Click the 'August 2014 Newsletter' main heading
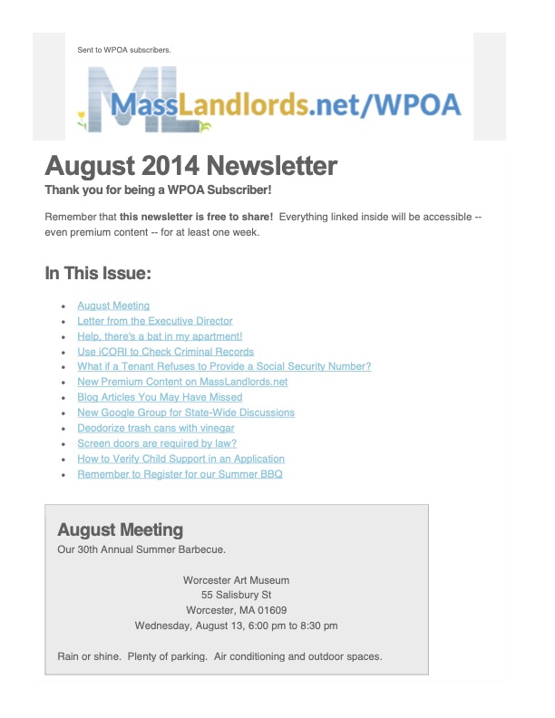coord(190,166)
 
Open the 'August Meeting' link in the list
coord(113,306)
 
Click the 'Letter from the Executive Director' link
coord(155,321)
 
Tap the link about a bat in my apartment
coord(160,336)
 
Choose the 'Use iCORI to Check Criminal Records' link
coord(165,352)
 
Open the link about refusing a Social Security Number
coord(224,366)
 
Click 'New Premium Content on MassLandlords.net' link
coord(182,382)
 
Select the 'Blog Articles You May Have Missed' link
coord(160,397)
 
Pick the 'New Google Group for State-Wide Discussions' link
coord(186,412)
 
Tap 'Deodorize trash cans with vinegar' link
coord(156,428)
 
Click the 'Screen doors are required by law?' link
coord(157,443)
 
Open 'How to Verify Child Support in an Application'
coord(181,459)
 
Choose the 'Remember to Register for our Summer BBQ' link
coord(180,474)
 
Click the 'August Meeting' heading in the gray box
coord(120,529)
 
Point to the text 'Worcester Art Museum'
coord(236,579)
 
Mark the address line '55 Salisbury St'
coord(236,595)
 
